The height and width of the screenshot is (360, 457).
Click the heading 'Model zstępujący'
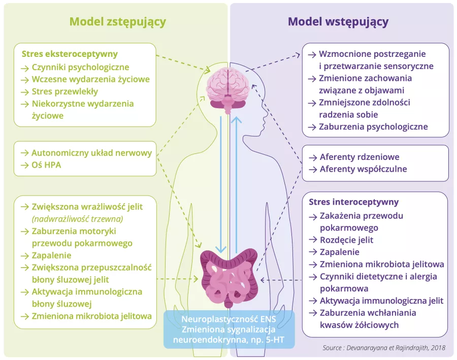tap(118, 21)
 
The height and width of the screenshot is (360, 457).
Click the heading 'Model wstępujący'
tap(338, 21)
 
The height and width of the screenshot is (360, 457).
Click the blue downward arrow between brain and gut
tap(220, 183)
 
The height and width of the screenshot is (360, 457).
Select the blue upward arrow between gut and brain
tap(237, 183)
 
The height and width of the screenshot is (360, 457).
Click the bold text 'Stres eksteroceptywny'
tap(70, 54)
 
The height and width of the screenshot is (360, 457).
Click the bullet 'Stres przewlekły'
tap(64, 91)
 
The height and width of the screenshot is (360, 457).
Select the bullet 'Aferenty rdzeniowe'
tap(360, 157)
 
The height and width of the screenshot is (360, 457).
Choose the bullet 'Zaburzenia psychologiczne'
tap(373, 126)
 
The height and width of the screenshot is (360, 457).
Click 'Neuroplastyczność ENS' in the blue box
tap(229, 320)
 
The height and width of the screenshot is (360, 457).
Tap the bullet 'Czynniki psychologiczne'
tap(80, 67)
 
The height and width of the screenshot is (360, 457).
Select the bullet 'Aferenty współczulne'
tap(363, 169)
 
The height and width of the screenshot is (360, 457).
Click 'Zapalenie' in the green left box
tap(51, 255)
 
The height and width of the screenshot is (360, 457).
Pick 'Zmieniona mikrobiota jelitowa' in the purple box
tap(381, 264)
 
